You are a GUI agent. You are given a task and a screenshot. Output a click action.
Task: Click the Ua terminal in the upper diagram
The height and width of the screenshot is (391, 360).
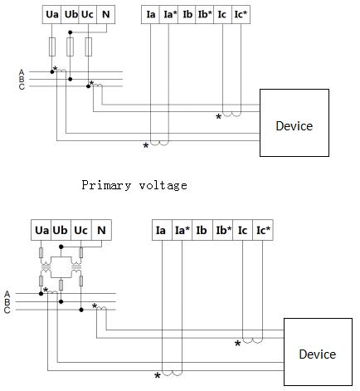pos(51,14)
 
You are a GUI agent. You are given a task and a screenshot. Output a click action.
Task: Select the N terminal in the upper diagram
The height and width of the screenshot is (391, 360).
pos(106,14)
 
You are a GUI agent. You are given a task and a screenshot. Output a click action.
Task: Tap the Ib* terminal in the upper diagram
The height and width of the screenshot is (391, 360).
pos(205,14)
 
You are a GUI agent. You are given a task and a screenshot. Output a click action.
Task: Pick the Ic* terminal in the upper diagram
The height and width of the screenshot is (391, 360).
pos(241,14)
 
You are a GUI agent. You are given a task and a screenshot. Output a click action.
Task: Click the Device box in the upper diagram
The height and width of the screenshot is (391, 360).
pos(294,123)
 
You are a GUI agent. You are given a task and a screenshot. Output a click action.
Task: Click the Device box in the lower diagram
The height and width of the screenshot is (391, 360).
pos(318,352)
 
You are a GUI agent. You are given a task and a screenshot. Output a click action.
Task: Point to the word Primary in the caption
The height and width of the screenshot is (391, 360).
pos(106,185)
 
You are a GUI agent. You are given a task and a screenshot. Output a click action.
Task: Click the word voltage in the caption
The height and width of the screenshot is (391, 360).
pos(163,185)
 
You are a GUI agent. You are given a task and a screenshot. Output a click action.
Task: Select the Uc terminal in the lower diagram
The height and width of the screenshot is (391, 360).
pos(81,230)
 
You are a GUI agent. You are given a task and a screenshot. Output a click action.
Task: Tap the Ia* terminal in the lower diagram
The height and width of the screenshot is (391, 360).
pos(182,230)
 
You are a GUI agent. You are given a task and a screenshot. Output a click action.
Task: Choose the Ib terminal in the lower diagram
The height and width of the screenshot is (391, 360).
pos(202,230)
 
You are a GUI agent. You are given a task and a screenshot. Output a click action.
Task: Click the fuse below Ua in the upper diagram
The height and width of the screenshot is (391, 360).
pos(52,46)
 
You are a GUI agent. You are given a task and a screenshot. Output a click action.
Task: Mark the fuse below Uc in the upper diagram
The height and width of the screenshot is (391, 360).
pos(89,46)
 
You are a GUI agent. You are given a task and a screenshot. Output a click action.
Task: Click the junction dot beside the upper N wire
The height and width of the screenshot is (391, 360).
pos(71,32)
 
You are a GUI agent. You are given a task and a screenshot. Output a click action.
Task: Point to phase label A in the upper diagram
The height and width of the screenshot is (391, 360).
pos(22,72)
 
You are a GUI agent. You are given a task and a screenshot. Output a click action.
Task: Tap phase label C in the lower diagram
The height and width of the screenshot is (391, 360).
pos(7,310)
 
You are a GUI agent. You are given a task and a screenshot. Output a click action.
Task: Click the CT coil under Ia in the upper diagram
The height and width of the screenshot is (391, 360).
pos(159,143)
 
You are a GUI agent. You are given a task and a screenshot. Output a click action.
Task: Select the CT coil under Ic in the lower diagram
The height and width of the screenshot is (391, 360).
pos(252,340)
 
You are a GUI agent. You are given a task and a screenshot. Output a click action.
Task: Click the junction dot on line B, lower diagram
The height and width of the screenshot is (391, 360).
pos(61,301)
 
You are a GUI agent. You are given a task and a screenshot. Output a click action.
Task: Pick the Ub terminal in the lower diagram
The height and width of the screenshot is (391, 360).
pos(61,230)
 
